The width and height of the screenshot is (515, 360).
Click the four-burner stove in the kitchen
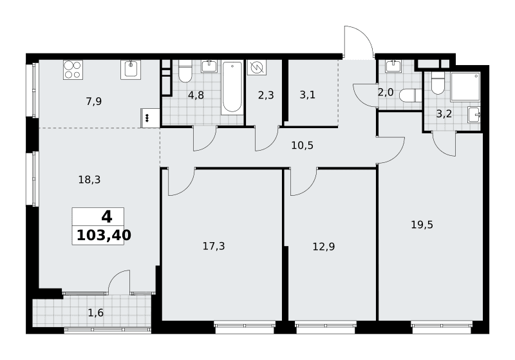click(73, 70)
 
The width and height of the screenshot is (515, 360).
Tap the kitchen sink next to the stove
click(131, 70)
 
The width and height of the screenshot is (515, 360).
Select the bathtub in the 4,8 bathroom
click(232, 88)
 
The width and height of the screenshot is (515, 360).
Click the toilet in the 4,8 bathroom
click(185, 71)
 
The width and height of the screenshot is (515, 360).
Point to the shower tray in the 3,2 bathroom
click(465, 86)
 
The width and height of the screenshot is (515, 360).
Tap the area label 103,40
click(104, 235)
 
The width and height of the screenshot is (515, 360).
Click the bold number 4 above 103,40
click(107, 217)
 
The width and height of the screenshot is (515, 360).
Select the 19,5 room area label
click(422, 225)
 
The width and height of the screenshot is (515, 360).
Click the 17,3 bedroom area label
click(214, 246)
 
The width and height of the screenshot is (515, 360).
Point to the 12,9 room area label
click(324, 247)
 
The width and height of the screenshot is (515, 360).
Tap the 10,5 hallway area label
click(302, 145)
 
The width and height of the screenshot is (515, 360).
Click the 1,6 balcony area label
click(95, 313)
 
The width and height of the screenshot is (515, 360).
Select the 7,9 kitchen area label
click(94, 102)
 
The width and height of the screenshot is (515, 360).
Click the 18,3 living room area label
click(89, 180)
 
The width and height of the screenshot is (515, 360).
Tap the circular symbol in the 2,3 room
click(256, 68)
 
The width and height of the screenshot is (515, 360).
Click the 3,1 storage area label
click(308, 95)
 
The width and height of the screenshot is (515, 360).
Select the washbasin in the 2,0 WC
click(393, 66)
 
